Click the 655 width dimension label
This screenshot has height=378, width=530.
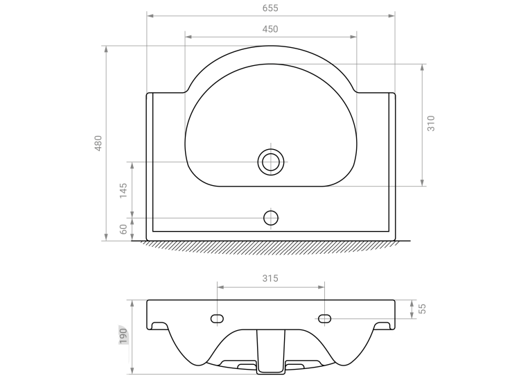pyautogui.click(x=270, y=8)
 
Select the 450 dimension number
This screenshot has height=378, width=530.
pyautogui.click(x=270, y=29)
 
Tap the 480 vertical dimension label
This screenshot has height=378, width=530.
pyautogui.click(x=98, y=143)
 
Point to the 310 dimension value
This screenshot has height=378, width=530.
pyautogui.click(x=431, y=123)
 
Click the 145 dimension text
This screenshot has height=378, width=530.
pyautogui.click(x=123, y=191)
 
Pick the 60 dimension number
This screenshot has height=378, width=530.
pyautogui.click(x=124, y=229)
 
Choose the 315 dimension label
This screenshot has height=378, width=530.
pyautogui.click(x=270, y=278)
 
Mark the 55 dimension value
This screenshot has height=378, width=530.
pyautogui.click(x=422, y=309)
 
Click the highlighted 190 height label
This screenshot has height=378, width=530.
pyautogui.click(x=123, y=336)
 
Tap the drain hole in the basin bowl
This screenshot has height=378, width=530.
pyautogui.click(x=271, y=162)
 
